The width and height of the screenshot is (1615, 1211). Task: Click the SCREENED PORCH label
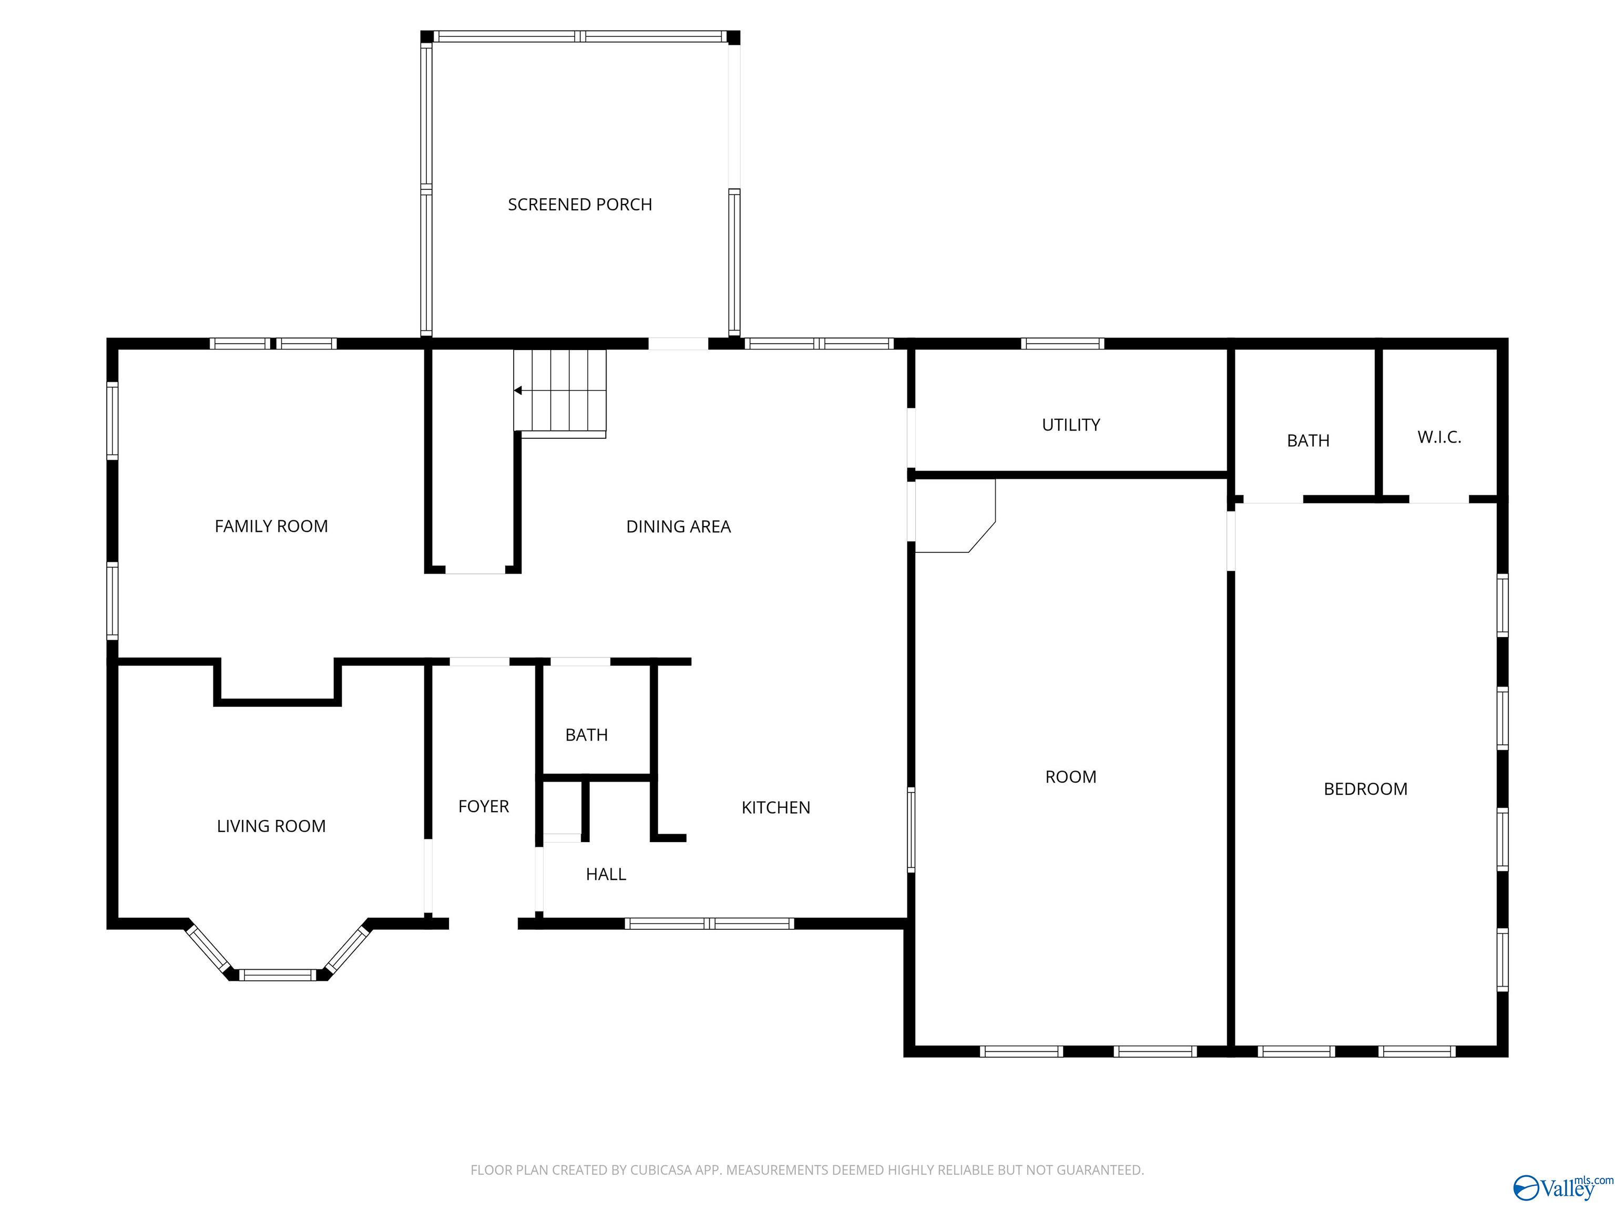(580, 204)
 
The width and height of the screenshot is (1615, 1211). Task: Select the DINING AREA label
(678, 526)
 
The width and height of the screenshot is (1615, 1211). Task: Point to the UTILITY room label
(1070, 425)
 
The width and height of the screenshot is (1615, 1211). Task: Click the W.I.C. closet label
(1439, 437)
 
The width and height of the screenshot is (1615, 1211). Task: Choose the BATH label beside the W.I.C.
(1307, 441)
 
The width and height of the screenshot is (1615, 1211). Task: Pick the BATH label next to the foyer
(586, 735)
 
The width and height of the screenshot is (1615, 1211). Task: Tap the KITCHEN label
(775, 807)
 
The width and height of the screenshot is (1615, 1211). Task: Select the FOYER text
(483, 807)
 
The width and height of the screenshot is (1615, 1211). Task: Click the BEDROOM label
(1365, 789)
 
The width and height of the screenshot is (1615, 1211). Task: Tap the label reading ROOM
(1070, 777)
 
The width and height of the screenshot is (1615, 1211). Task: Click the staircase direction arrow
(518, 391)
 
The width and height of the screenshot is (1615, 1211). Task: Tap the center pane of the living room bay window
(278, 974)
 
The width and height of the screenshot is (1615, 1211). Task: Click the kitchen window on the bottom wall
(709, 923)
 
